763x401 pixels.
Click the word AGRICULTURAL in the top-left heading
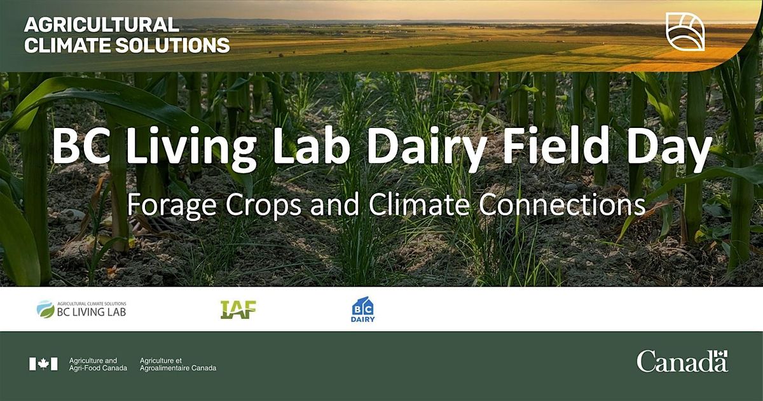click(101, 25)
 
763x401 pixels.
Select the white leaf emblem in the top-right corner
click(685, 31)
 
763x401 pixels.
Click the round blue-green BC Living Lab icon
click(46, 309)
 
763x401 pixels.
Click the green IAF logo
click(238, 309)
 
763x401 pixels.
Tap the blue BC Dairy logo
click(363, 309)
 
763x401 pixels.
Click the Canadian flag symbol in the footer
click(43, 363)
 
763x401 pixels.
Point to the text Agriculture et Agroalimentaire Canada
click(177, 364)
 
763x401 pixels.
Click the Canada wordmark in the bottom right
click(682, 362)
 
